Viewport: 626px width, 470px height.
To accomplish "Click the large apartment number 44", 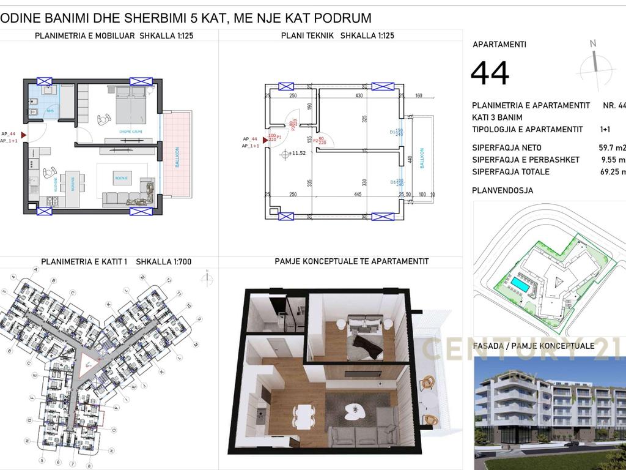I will [x=490, y=73].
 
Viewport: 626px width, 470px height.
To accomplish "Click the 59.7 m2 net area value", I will [x=611, y=147].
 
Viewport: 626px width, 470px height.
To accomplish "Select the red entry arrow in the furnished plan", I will [x=23, y=134].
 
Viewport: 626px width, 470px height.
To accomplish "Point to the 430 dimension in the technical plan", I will [x=359, y=96].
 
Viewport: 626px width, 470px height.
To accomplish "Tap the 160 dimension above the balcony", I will [x=419, y=96].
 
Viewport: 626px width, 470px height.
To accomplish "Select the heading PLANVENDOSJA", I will [x=503, y=190].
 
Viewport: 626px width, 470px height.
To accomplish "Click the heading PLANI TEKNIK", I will [x=307, y=35].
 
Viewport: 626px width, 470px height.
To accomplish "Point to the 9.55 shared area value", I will [x=613, y=160].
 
